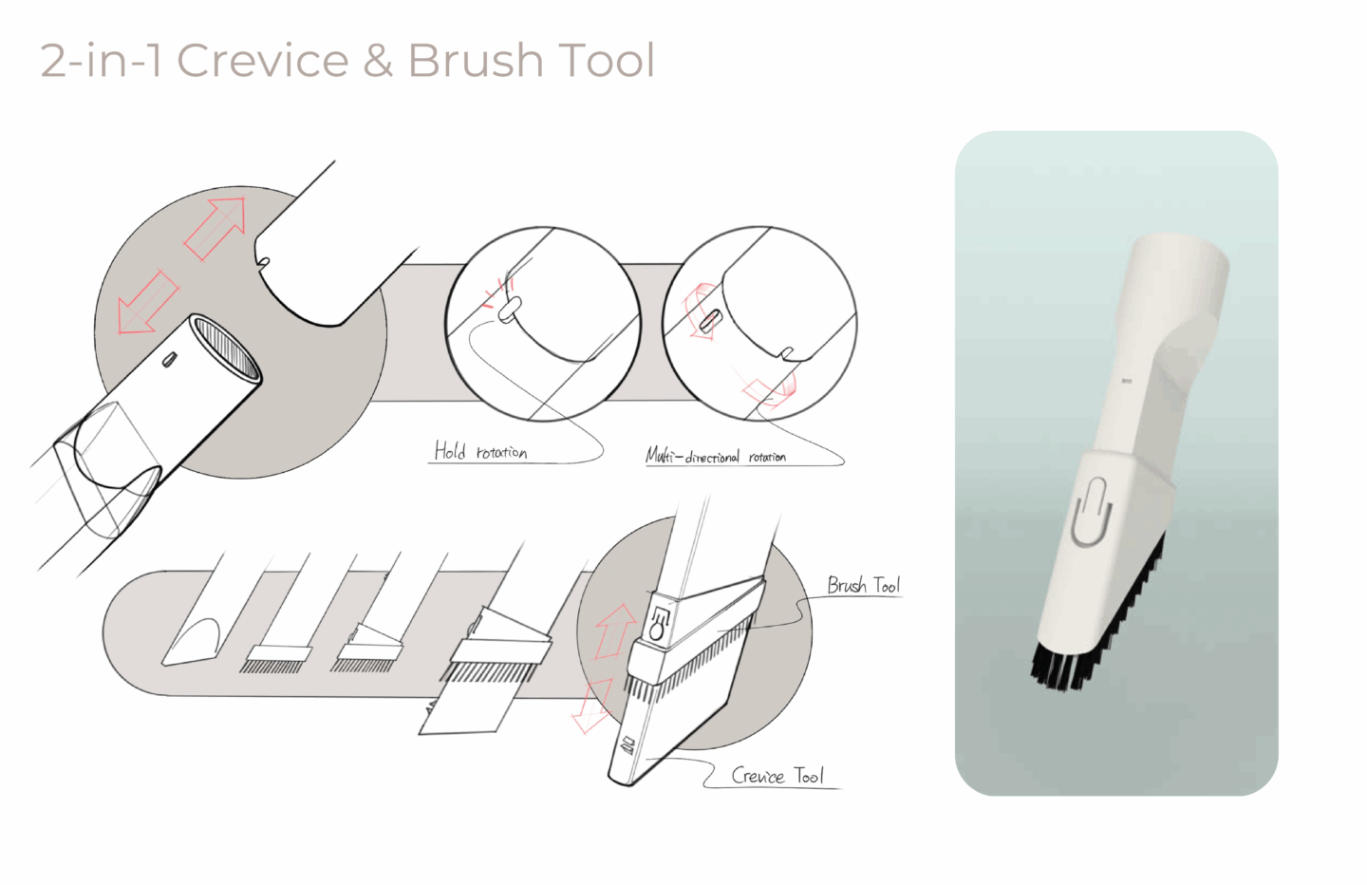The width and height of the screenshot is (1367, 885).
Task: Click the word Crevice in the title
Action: (x=262, y=60)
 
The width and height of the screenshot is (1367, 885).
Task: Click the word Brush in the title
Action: (x=476, y=60)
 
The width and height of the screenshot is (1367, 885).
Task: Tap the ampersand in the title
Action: (x=379, y=60)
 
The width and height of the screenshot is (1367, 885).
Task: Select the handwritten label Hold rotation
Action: (x=480, y=451)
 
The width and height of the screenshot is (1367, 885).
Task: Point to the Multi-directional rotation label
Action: (x=716, y=456)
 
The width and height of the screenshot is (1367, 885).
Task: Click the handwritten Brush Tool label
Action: (x=864, y=585)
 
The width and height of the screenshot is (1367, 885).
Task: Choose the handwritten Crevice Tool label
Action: (x=777, y=776)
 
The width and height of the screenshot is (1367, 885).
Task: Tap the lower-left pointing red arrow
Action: (x=147, y=303)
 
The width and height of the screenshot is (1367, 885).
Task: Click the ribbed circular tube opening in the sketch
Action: (x=225, y=348)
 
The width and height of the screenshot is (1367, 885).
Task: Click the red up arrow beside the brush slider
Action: (x=613, y=631)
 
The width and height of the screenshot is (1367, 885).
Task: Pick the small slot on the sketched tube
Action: (x=168, y=360)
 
